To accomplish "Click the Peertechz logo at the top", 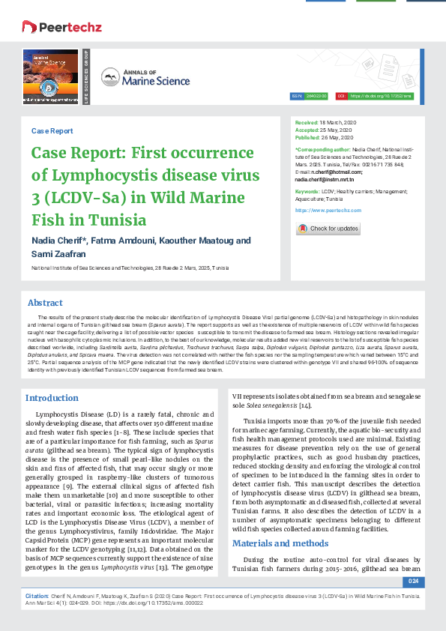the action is pyautogui.click(x=56, y=28).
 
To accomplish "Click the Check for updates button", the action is pyautogui.click(x=329, y=229).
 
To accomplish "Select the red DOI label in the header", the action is pyautogui.click(x=342, y=97).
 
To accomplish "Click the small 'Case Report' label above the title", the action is pyautogui.click(x=52, y=130).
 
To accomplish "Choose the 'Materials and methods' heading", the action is pyautogui.click(x=280, y=522).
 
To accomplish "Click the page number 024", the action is pyautogui.click(x=413, y=581).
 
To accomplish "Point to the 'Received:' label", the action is pyautogui.click(x=307, y=121).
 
